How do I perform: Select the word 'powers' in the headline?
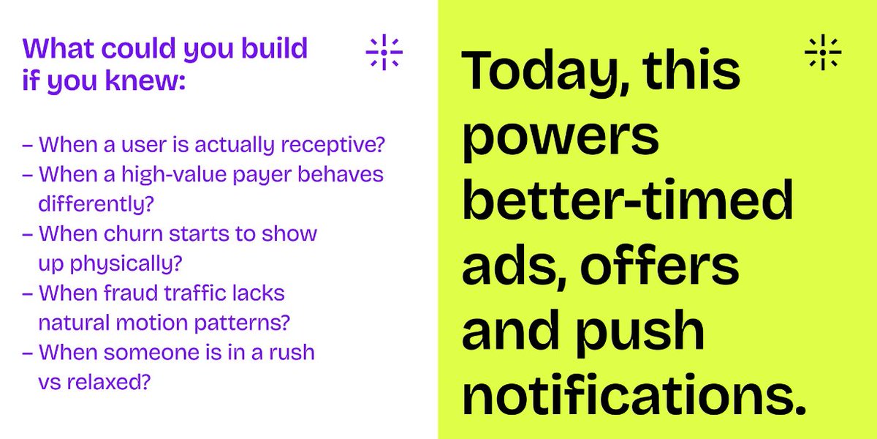[x=561, y=139]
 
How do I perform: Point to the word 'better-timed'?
[x=628, y=202]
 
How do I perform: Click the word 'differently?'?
[x=96, y=204]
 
